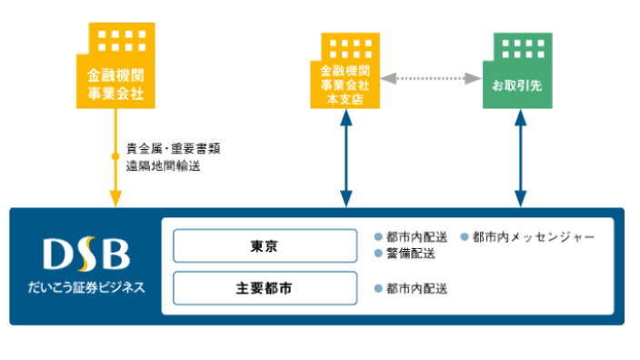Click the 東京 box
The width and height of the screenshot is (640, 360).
point(265,245)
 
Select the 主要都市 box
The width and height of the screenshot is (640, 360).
point(265,289)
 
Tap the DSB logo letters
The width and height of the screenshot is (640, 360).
point(85,255)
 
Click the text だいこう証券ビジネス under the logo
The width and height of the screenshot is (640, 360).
point(85,288)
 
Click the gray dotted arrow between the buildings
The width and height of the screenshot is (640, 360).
point(432,80)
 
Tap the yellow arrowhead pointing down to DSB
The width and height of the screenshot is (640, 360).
point(115,198)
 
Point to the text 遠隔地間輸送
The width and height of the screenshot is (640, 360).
point(163,166)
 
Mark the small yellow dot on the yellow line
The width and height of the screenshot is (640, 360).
point(115,157)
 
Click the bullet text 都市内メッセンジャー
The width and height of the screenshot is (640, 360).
point(534,237)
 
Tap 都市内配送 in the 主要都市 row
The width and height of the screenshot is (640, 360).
point(416,289)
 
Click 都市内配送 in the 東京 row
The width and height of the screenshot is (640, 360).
point(416,237)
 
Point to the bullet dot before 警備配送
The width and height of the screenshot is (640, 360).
point(379,254)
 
